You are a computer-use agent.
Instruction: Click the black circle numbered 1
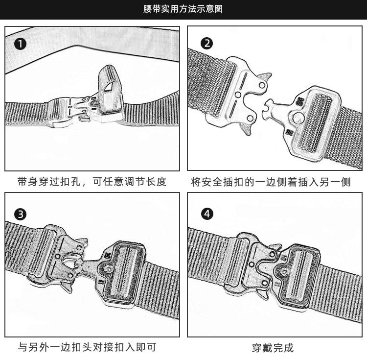coord(21,44)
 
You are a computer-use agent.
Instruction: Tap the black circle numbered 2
coord(207,43)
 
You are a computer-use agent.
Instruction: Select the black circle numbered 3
coord(21,214)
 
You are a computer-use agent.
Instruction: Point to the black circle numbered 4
coord(207,214)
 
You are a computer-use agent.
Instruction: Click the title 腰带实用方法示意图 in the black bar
coord(183,9)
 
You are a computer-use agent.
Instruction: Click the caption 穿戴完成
coord(273,348)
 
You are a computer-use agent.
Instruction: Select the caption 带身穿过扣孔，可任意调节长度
coord(92,182)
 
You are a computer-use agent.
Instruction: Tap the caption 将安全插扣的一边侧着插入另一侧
coord(271,182)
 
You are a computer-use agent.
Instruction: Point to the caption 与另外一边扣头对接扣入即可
coord(87,347)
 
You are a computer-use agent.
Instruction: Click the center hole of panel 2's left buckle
coord(238,95)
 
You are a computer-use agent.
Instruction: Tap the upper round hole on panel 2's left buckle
coord(262,85)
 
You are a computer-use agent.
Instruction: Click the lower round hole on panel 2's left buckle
coord(250,118)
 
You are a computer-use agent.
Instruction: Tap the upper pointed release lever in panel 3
coord(82,242)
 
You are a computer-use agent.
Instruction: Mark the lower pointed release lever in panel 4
coord(262,294)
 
